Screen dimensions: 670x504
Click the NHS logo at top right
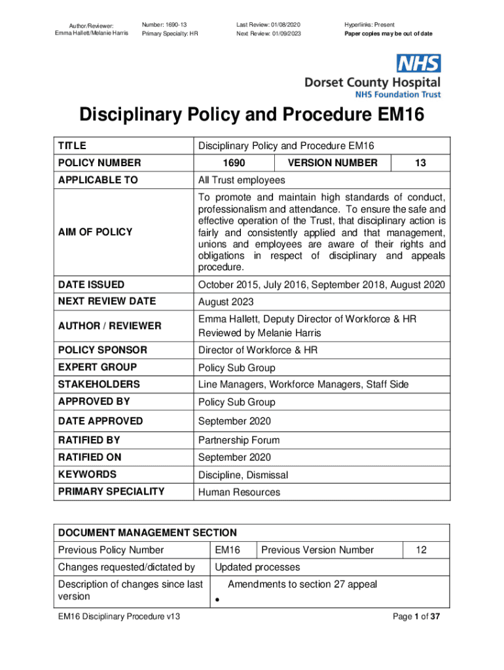point(419,63)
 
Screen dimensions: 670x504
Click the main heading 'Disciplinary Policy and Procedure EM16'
point(252,116)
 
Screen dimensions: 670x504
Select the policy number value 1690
point(234,163)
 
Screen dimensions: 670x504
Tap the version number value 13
point(420,163)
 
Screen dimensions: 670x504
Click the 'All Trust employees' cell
point(242,180)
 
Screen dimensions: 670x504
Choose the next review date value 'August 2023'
point(226,302)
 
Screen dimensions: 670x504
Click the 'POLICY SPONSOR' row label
point(103,350)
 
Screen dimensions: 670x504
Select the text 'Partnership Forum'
point(239,440)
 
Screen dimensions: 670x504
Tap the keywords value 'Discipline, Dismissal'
point(243,475)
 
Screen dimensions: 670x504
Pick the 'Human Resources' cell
point(239,492)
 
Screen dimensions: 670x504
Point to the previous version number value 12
point(421,550)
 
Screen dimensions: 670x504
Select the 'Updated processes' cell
point(257,567)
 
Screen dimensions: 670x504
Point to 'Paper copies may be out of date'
point(388,33)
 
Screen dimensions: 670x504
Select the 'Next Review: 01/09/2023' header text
point(269,33)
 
